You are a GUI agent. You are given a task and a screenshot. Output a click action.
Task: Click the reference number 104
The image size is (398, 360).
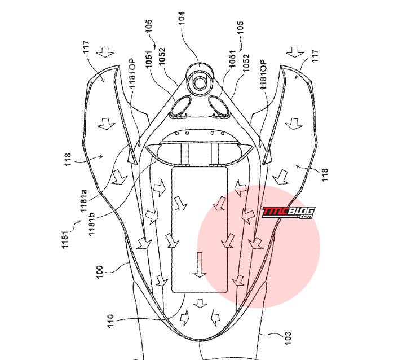click(182, 18)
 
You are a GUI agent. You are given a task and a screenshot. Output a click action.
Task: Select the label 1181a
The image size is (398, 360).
click(83, 201)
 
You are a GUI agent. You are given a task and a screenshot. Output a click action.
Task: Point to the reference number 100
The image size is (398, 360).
click(100, 271)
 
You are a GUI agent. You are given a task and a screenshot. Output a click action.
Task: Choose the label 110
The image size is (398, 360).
click(110, 321)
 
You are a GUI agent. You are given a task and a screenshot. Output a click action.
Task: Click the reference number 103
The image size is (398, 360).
click(288, 338)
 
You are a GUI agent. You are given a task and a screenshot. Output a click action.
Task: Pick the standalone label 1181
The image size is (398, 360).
click(65, 239)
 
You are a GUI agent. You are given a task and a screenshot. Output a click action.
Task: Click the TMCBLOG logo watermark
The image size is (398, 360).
click(288, 212)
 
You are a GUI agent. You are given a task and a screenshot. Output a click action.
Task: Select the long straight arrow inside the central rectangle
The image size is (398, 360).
click(200, 265)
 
